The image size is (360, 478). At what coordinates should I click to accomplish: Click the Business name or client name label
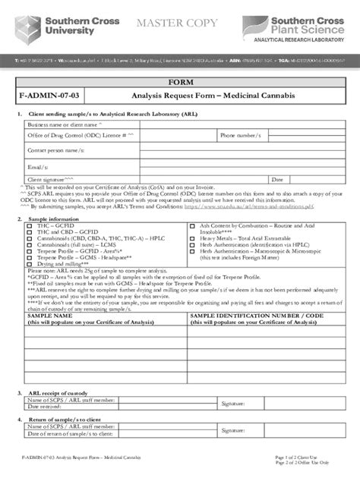pos(65,124)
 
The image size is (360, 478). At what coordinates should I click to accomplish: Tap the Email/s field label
pos(39,166)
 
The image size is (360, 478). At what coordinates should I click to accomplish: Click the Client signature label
pos(53,180)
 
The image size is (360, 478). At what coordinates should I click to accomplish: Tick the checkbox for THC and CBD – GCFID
pos(22,233)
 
